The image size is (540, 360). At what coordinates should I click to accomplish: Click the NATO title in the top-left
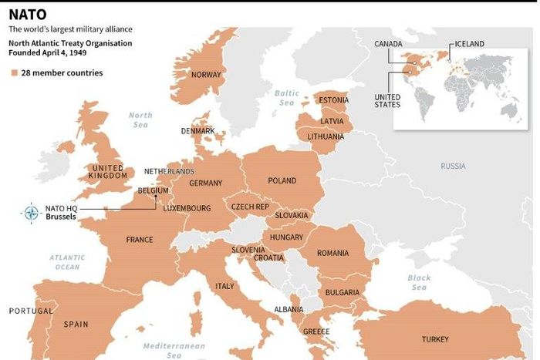[x=27, y=14]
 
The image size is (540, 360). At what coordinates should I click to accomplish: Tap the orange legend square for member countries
[x=14, y=73]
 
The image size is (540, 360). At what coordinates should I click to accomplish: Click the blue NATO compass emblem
[x=32, y=213]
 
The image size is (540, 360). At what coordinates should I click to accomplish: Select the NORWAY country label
[x=206, y=75]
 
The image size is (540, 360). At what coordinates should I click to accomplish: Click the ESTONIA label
[x=333, y=100]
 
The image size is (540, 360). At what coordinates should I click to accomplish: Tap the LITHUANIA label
[x=326, y=136]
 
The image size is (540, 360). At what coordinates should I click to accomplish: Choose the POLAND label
[x=282, y=180]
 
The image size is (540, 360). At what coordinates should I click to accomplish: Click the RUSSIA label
[x=453, y=166]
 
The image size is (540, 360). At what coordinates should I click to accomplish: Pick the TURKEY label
[x=435, y=339]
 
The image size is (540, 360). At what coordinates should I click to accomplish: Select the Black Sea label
[x=419, y=282]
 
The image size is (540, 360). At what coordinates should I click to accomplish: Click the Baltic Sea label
[x=286, y=98]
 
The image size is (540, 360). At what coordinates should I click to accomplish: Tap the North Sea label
[x=140, y=119]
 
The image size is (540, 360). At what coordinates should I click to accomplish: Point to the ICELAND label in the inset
[x=470, y=44]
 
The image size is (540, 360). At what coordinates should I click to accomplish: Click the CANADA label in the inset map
[x=388, y=44]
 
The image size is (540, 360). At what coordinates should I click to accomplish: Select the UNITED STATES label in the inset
[x=387, y=101]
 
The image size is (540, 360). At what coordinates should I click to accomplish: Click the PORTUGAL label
[x=30, y=311]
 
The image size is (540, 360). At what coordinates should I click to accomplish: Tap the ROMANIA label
[x=332, y=253]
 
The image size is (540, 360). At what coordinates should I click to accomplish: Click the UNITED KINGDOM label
[x=108, y=172]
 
